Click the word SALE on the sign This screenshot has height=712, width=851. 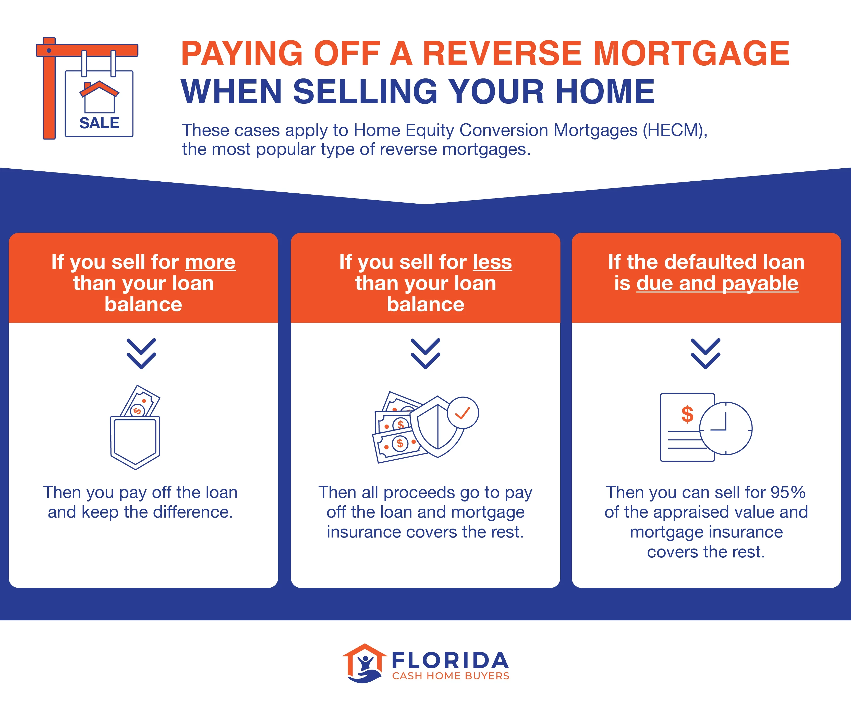pos(99,123)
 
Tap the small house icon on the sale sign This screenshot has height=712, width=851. pos(99,97)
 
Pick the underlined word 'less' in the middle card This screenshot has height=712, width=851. pos(492,262)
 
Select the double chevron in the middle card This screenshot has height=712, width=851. pos(425,353)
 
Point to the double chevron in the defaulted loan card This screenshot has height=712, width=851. pos(706,353)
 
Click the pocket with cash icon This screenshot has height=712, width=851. pos(135,428)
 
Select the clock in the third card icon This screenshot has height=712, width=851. pos(726,428)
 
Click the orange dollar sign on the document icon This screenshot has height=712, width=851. pos(687,414)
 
